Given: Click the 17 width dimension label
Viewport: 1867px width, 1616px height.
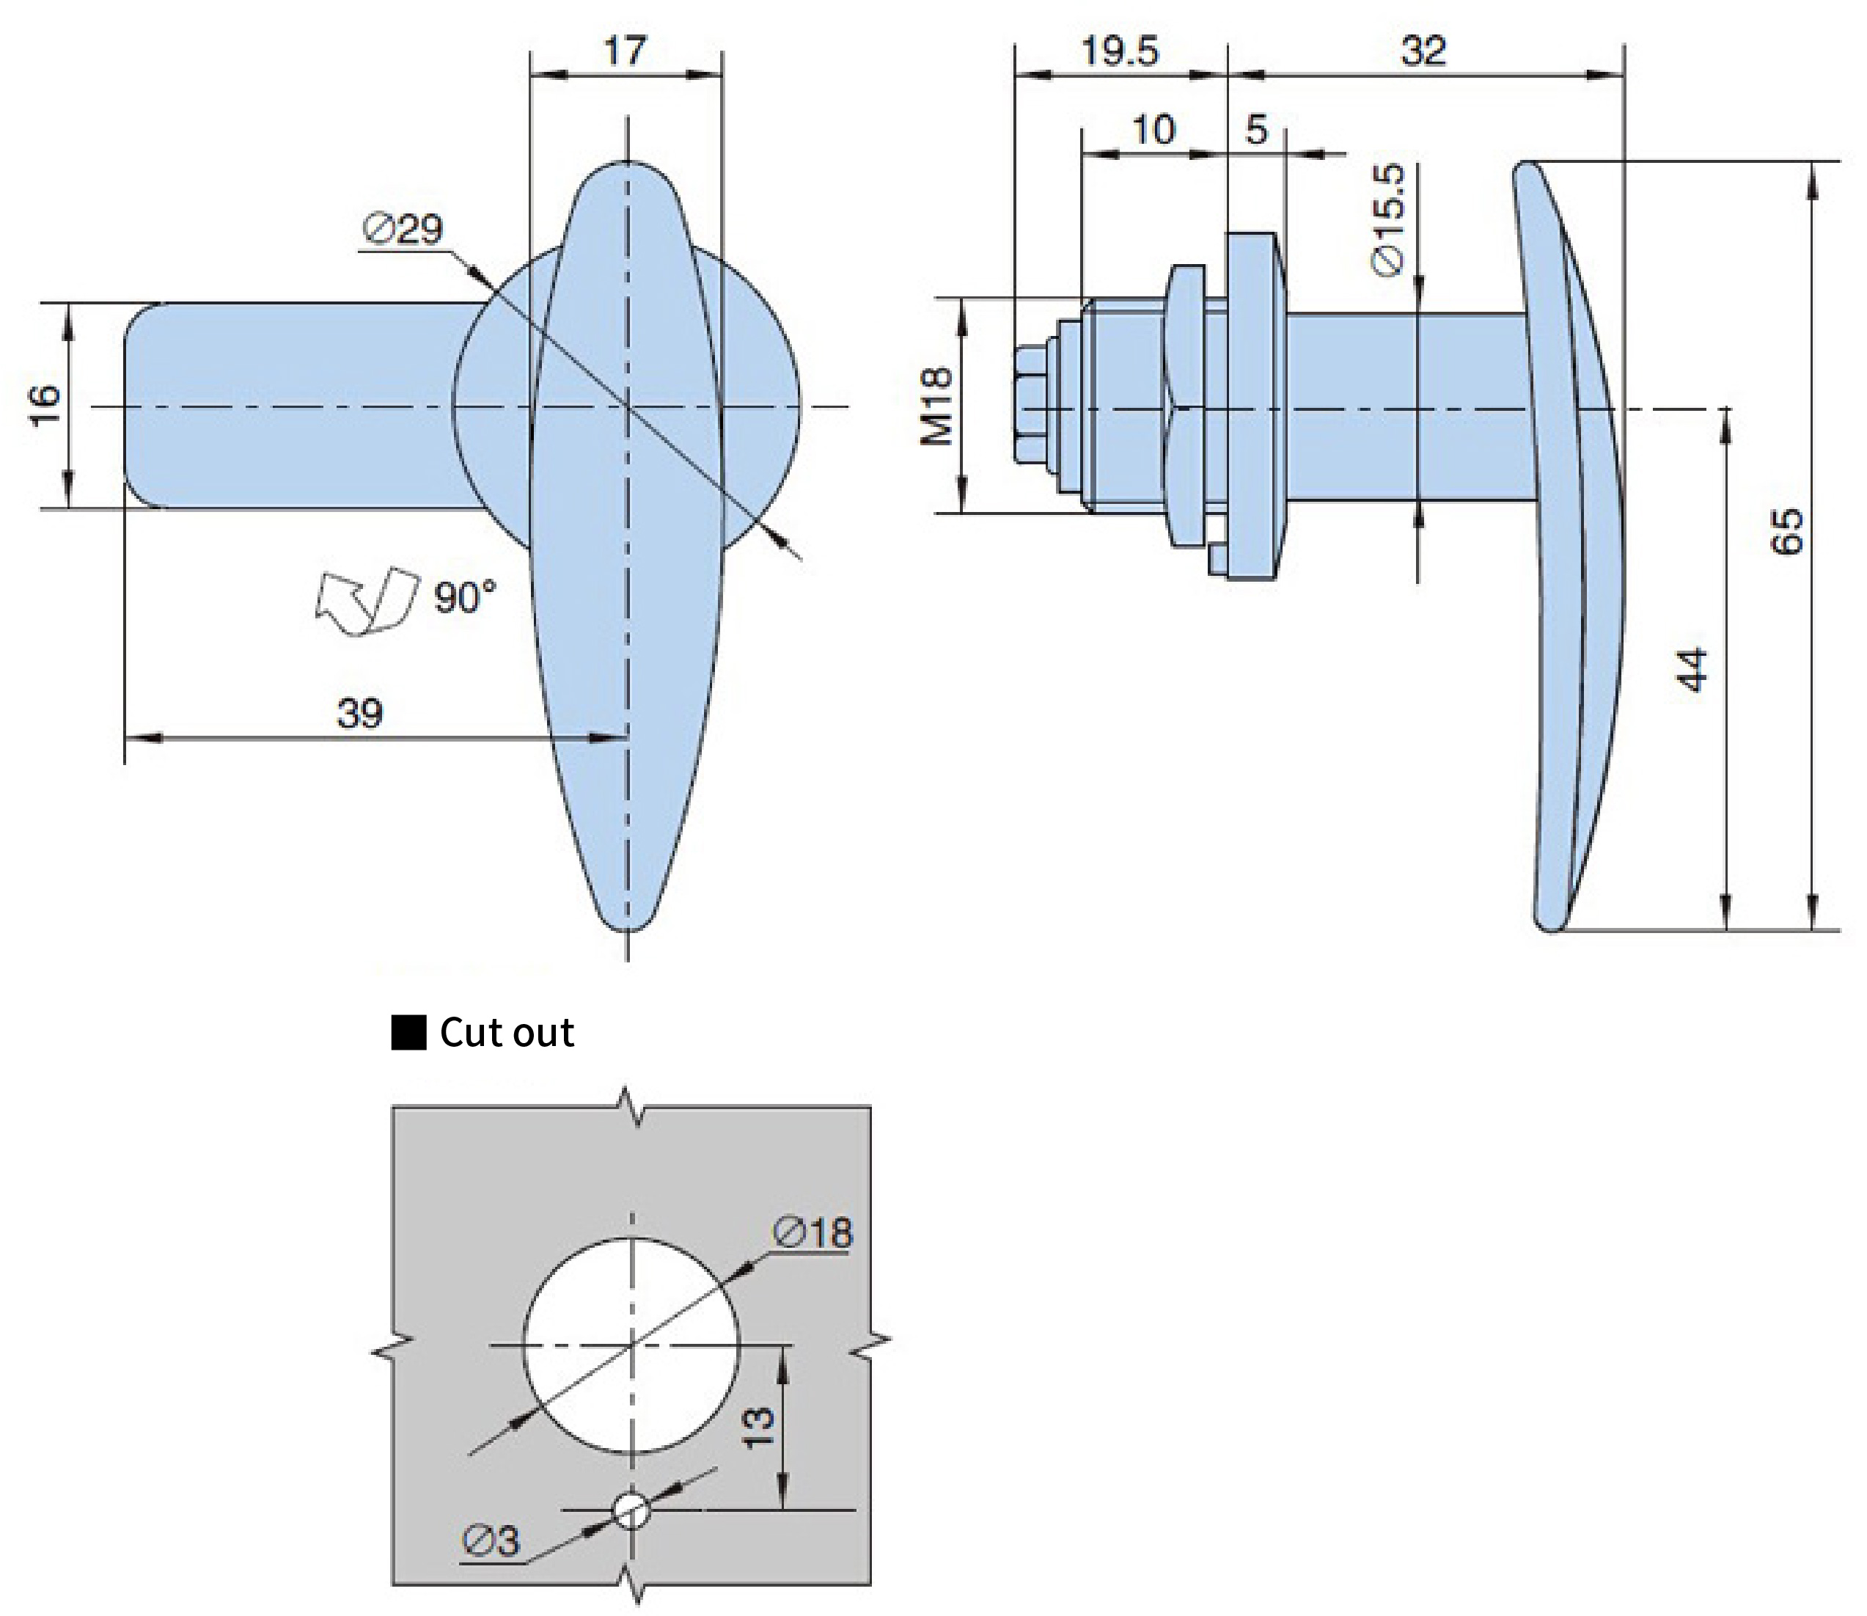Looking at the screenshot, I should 625,51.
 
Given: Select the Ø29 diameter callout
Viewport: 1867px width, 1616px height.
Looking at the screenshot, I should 403,230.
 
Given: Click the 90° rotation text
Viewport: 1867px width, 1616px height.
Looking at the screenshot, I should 464,597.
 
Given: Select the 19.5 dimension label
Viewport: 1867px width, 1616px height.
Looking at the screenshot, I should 1119,51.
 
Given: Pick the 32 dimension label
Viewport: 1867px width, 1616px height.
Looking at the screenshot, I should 1423,51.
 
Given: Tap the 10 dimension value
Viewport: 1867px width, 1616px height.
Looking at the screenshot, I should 1153,131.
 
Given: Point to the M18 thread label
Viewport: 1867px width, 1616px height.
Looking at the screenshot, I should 936,405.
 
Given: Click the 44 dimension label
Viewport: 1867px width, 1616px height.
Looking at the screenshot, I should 1693,669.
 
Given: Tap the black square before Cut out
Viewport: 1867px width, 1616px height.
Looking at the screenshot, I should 408,1033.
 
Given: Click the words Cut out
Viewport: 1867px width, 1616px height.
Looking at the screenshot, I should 507,1033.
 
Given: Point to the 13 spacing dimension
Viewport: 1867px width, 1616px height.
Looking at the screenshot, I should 758,1427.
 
